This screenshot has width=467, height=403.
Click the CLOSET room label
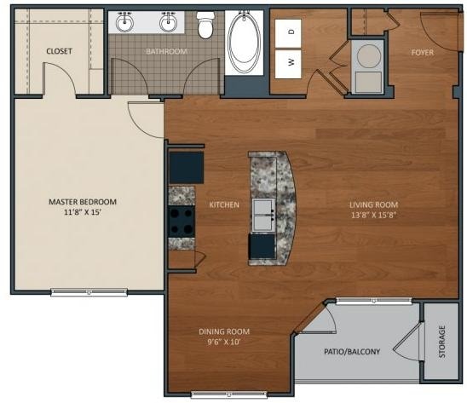click(59, 51)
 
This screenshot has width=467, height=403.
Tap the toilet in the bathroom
click(205, 25)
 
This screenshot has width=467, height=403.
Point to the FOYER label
click(422, 53)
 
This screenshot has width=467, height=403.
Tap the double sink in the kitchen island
click(263, 215)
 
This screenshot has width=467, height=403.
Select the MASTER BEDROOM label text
click(83, 202)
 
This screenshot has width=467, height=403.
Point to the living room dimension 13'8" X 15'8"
click(373, 215)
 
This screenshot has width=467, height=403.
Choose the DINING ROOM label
click(224, 331)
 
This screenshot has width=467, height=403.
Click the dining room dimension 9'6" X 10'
click(223, 342)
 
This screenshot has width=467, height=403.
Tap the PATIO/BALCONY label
click(352, 352)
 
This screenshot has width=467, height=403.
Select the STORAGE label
click(442, 342)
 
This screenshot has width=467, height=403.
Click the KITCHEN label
click(224, 204)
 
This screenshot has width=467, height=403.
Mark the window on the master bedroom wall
click(89, 292)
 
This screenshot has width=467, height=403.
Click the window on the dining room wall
click(228, 394)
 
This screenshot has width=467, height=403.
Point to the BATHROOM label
click(167, 51)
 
